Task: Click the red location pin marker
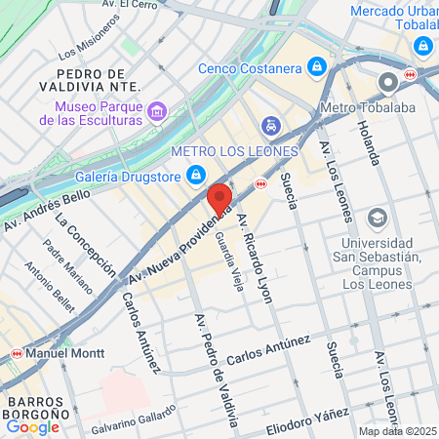[x=219, y=197]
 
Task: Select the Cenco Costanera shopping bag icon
[x=316, y=67]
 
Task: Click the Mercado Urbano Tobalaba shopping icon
[x=422, y=46]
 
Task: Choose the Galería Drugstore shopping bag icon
[x=196, y=176]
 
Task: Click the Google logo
[x=32, y=426]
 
